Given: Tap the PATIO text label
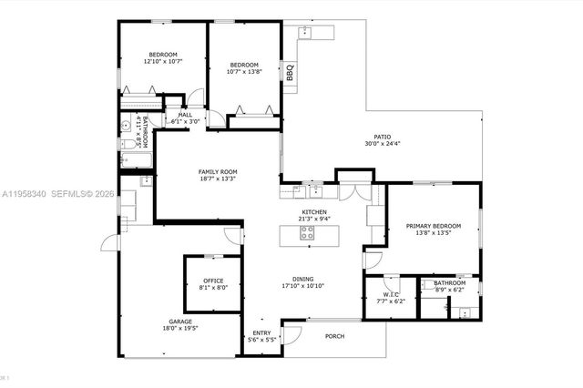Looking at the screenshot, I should pyautogui.click(x=383, y=137).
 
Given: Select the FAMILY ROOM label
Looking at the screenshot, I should pyautogui.click(x=218, y=172).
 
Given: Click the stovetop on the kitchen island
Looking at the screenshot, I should pyautogui.click(x=308, y=234).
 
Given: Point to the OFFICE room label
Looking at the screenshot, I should pyautogui.click(x=213, y=281).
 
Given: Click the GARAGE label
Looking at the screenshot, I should pyautogui.click(x=179, y=322).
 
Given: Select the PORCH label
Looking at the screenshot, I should pyautogui.click(x=335, y=336).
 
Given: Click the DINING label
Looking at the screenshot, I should pyautogui.click(x=303, y=279).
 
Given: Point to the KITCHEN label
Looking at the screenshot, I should pyautogui.click(x=314, y=212).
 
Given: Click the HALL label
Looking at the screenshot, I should pyautogui.click(x=185, y=115).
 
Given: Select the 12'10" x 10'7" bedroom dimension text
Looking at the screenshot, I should pyautogui.click(x=165, y=62).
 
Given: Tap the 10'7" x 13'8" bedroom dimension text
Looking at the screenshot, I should pyautogui.click(x=245, y=72).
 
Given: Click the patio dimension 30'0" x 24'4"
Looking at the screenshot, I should pyautogui.click(x=383, y=144).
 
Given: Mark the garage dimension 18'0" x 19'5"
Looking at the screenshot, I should pyautogui.click(x=179, y=329).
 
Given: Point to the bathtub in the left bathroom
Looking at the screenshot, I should pyautogui.click(x=134, y=163).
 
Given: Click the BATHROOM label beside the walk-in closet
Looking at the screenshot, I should pyautogui.click(x=448, y=282).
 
